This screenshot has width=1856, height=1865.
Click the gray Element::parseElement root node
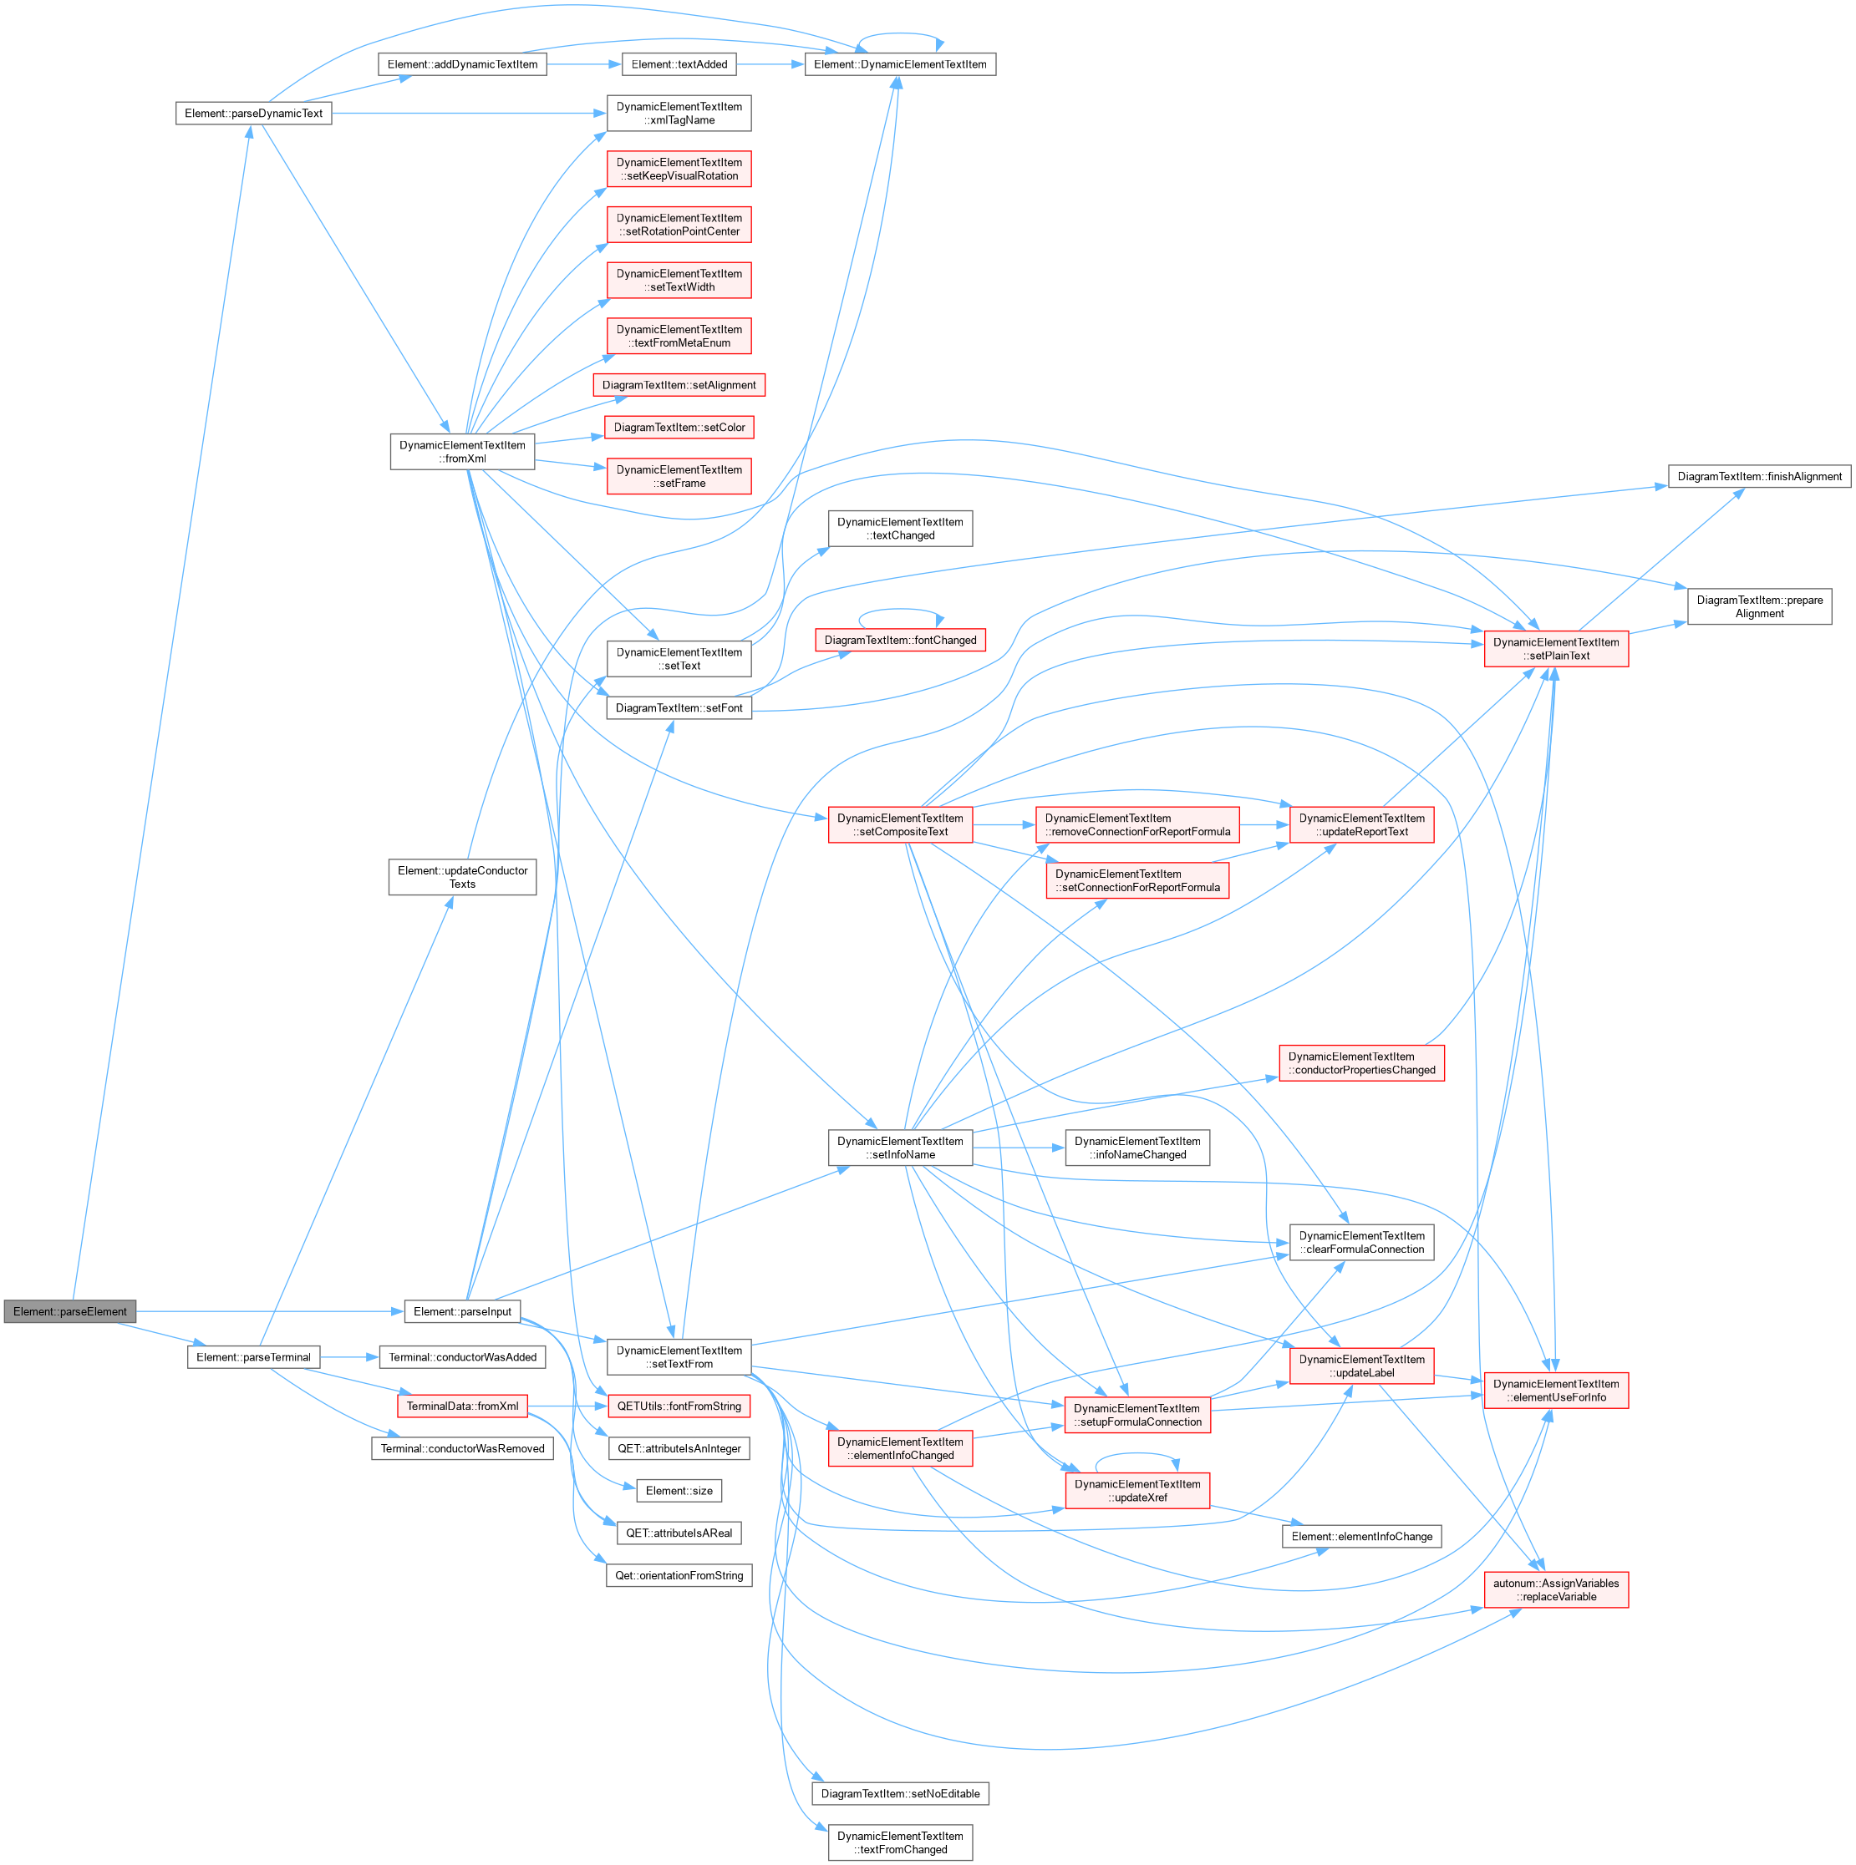69,1311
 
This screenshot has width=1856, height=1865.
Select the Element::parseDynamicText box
253,113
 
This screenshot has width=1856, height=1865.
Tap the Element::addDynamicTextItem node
463,63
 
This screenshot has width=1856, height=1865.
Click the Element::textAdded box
679,63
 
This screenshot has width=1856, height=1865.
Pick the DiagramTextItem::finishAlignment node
1759,476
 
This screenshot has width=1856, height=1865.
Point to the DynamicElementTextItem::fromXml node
463,452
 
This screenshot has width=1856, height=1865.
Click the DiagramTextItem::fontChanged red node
900,640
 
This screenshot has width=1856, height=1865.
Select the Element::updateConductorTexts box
463,876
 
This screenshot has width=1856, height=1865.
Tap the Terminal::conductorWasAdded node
463,1357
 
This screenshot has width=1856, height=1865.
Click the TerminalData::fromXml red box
463,1406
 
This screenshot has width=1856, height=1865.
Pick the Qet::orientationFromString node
679,1575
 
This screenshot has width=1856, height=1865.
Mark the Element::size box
679,1491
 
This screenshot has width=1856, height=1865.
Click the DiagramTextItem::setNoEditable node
900,1793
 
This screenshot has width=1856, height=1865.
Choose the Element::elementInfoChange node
1361,1536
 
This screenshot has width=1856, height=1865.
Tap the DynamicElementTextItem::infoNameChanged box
1137,1148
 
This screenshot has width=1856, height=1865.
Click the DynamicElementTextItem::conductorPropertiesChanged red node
1361,1063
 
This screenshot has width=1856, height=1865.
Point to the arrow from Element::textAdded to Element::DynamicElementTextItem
770,63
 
